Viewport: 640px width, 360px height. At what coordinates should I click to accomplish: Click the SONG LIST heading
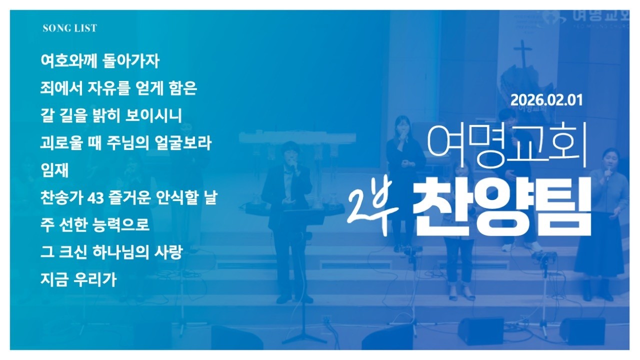coord(70,28)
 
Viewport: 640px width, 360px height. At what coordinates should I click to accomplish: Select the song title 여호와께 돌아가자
coord(100,61)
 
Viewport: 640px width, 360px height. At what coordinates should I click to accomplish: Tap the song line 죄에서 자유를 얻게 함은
coord(119,89)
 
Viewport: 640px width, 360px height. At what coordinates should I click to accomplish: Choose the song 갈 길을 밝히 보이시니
coord(111,116)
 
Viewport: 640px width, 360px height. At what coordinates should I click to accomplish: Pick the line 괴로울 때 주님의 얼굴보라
coord(126,143)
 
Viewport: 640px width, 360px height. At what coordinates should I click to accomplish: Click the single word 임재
coord(54,170)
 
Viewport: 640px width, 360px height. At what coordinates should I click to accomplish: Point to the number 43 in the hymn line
coord(94,198)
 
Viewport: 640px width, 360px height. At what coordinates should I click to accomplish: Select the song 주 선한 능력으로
coord(95,225)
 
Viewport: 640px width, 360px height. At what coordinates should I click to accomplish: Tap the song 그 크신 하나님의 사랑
coord(110,252)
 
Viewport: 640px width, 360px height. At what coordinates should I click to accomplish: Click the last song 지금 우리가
coord(78,279)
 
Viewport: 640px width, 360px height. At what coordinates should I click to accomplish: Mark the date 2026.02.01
coord(546,99)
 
